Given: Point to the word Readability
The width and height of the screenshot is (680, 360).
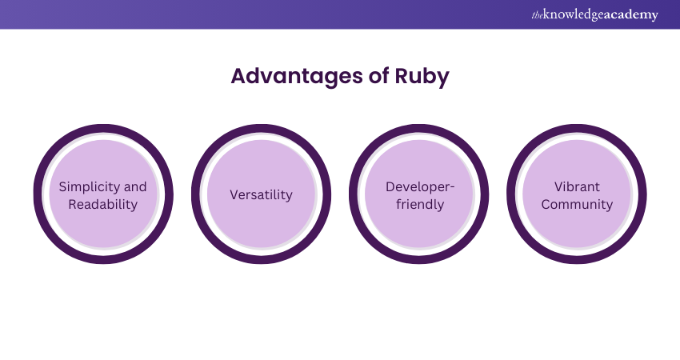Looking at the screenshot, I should [102, 204].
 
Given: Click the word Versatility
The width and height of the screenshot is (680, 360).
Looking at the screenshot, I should [261, 195].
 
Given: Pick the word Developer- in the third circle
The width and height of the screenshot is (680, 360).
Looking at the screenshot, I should [420, 186].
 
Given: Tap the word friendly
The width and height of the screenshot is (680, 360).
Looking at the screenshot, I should [419, 204].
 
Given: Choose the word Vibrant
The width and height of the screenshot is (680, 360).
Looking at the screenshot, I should [577, 186].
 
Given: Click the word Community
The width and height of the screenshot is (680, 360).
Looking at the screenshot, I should [577, 204].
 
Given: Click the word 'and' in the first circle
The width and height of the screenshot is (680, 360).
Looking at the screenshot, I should [135, 186].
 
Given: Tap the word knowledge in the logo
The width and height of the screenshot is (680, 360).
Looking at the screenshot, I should [573, 14].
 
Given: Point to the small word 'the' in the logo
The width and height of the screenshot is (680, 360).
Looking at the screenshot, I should [537, 14].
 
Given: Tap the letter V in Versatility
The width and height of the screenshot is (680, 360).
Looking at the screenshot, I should [234, 195].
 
